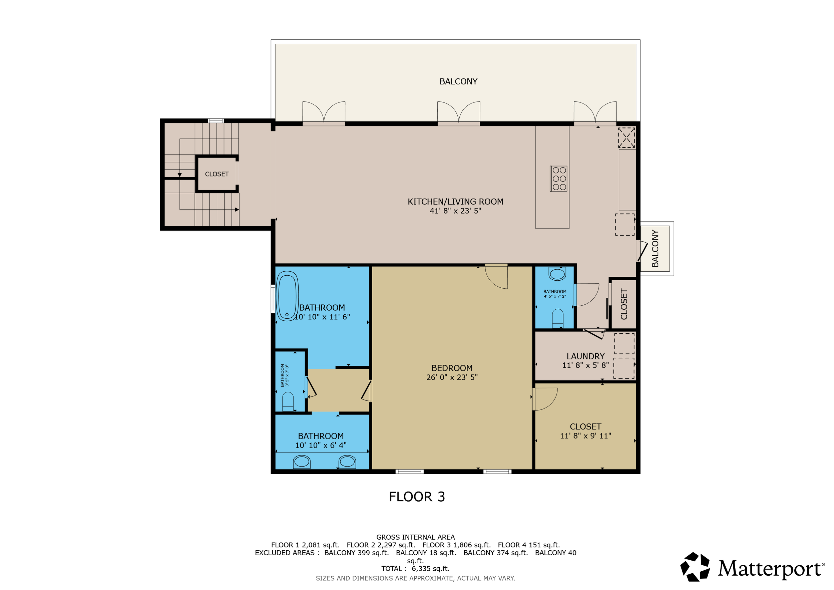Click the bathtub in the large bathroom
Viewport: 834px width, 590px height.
coord(287,296)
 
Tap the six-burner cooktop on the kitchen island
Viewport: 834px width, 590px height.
coord(559,179)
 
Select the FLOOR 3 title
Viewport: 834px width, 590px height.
coord(417,497)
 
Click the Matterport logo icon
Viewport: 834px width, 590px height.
coord(695,567)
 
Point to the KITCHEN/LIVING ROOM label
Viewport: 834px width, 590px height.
coord(455,202)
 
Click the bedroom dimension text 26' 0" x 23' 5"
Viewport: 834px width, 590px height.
coord(452,377)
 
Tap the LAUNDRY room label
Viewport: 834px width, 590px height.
coord(585,356)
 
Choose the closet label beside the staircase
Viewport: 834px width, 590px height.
coord(217,174)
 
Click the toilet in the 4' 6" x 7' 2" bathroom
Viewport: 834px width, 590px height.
coord(557,318)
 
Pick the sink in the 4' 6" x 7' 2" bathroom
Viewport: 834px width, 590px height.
coord(557,274)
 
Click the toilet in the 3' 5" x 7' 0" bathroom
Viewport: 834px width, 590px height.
coord(288,401)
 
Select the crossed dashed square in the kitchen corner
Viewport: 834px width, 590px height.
coord(627,138)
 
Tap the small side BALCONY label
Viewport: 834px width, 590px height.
coord(655,249)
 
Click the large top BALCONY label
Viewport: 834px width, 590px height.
coord(458,81)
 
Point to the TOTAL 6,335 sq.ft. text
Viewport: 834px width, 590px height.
coord(416,569)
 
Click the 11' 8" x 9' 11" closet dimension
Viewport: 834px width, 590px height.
coord(585,435)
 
